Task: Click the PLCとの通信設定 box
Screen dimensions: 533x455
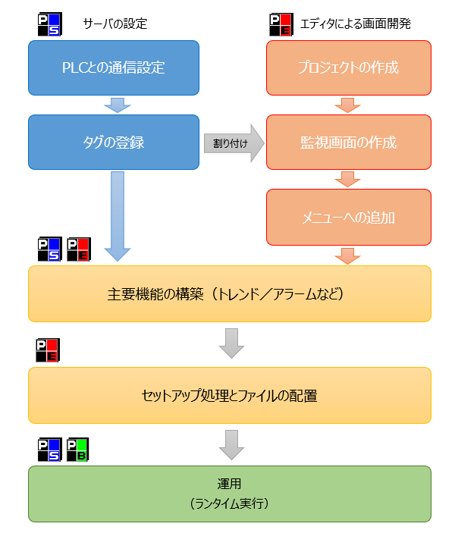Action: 114,67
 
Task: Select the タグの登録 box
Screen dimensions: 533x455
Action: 114,142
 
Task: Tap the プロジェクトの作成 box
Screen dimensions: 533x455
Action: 348,67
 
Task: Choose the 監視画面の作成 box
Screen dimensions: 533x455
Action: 348,142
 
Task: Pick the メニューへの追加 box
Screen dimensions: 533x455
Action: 348,216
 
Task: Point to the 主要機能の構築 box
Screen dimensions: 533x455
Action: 230,293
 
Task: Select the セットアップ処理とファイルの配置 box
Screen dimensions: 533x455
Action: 230,395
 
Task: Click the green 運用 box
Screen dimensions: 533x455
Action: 230,494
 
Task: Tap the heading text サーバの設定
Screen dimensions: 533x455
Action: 115,24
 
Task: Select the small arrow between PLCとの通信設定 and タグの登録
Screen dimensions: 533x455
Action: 114,105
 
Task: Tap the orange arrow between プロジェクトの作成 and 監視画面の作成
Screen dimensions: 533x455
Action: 348,105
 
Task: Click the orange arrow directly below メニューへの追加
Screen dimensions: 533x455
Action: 348,255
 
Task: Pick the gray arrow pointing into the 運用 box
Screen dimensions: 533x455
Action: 231,444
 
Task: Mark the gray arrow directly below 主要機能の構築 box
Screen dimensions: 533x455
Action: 231,343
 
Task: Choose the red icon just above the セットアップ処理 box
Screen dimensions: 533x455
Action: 49,350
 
